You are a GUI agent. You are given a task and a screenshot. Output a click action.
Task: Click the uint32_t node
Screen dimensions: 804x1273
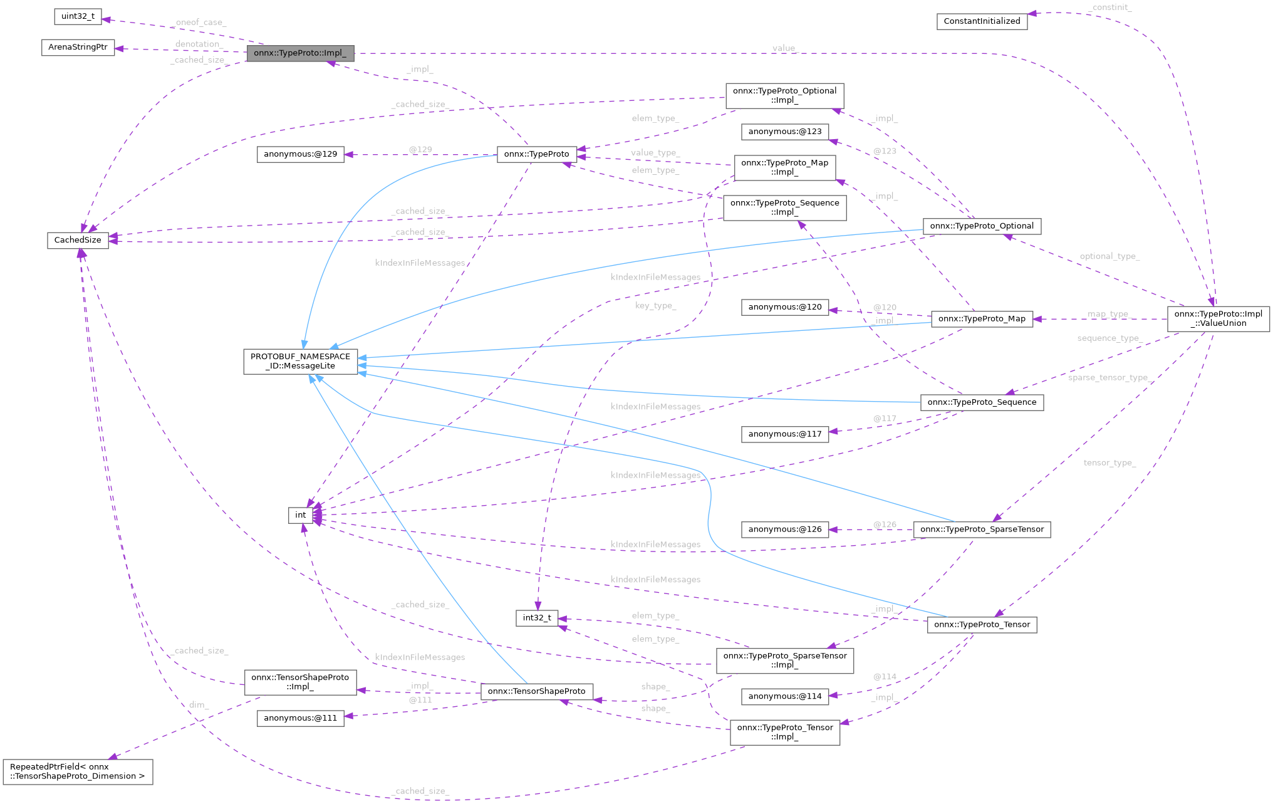(78, 16)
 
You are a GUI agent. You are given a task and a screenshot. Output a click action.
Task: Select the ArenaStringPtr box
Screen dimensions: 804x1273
(78, 47)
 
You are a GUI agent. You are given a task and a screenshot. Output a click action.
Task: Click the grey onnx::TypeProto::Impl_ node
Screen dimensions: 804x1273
(300, 53)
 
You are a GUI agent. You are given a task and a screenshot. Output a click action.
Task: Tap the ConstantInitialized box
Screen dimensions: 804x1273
(982, 21)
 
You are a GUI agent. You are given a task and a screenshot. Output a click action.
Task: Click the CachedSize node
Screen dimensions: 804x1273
(78, 240)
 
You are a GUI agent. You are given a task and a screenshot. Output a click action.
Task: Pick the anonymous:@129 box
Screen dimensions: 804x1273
(300, 154)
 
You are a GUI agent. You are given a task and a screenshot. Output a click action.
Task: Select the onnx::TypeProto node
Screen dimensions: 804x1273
(536, 154)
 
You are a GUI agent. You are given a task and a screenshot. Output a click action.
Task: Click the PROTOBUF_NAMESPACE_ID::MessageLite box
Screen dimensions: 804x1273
(300, 362)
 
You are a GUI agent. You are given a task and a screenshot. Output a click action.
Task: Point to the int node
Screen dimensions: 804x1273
(300, 515)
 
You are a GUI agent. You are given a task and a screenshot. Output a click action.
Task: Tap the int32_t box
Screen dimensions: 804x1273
(536, 618)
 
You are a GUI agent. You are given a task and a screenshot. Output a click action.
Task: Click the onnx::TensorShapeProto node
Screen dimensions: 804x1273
(536, 691)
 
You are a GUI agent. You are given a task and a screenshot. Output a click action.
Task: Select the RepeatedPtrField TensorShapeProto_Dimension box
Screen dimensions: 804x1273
(78, 771)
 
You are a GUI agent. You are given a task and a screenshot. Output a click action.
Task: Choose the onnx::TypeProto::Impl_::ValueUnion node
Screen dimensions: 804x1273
(1218, 319)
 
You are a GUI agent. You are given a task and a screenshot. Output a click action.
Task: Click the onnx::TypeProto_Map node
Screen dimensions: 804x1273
(982, 319)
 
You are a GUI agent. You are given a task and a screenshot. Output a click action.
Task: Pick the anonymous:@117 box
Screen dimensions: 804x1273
(784, 434)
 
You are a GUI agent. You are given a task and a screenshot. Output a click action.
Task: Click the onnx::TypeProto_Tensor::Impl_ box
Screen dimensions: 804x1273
(784, 733)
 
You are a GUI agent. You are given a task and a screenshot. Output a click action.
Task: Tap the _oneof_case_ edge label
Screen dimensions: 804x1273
(200, 23)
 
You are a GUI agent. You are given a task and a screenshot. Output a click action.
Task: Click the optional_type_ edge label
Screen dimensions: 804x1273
(1109, 256)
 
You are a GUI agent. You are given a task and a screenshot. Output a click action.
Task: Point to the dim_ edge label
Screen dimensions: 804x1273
(199, 705)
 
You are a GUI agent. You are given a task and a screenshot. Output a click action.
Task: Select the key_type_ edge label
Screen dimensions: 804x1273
(655, 306)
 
